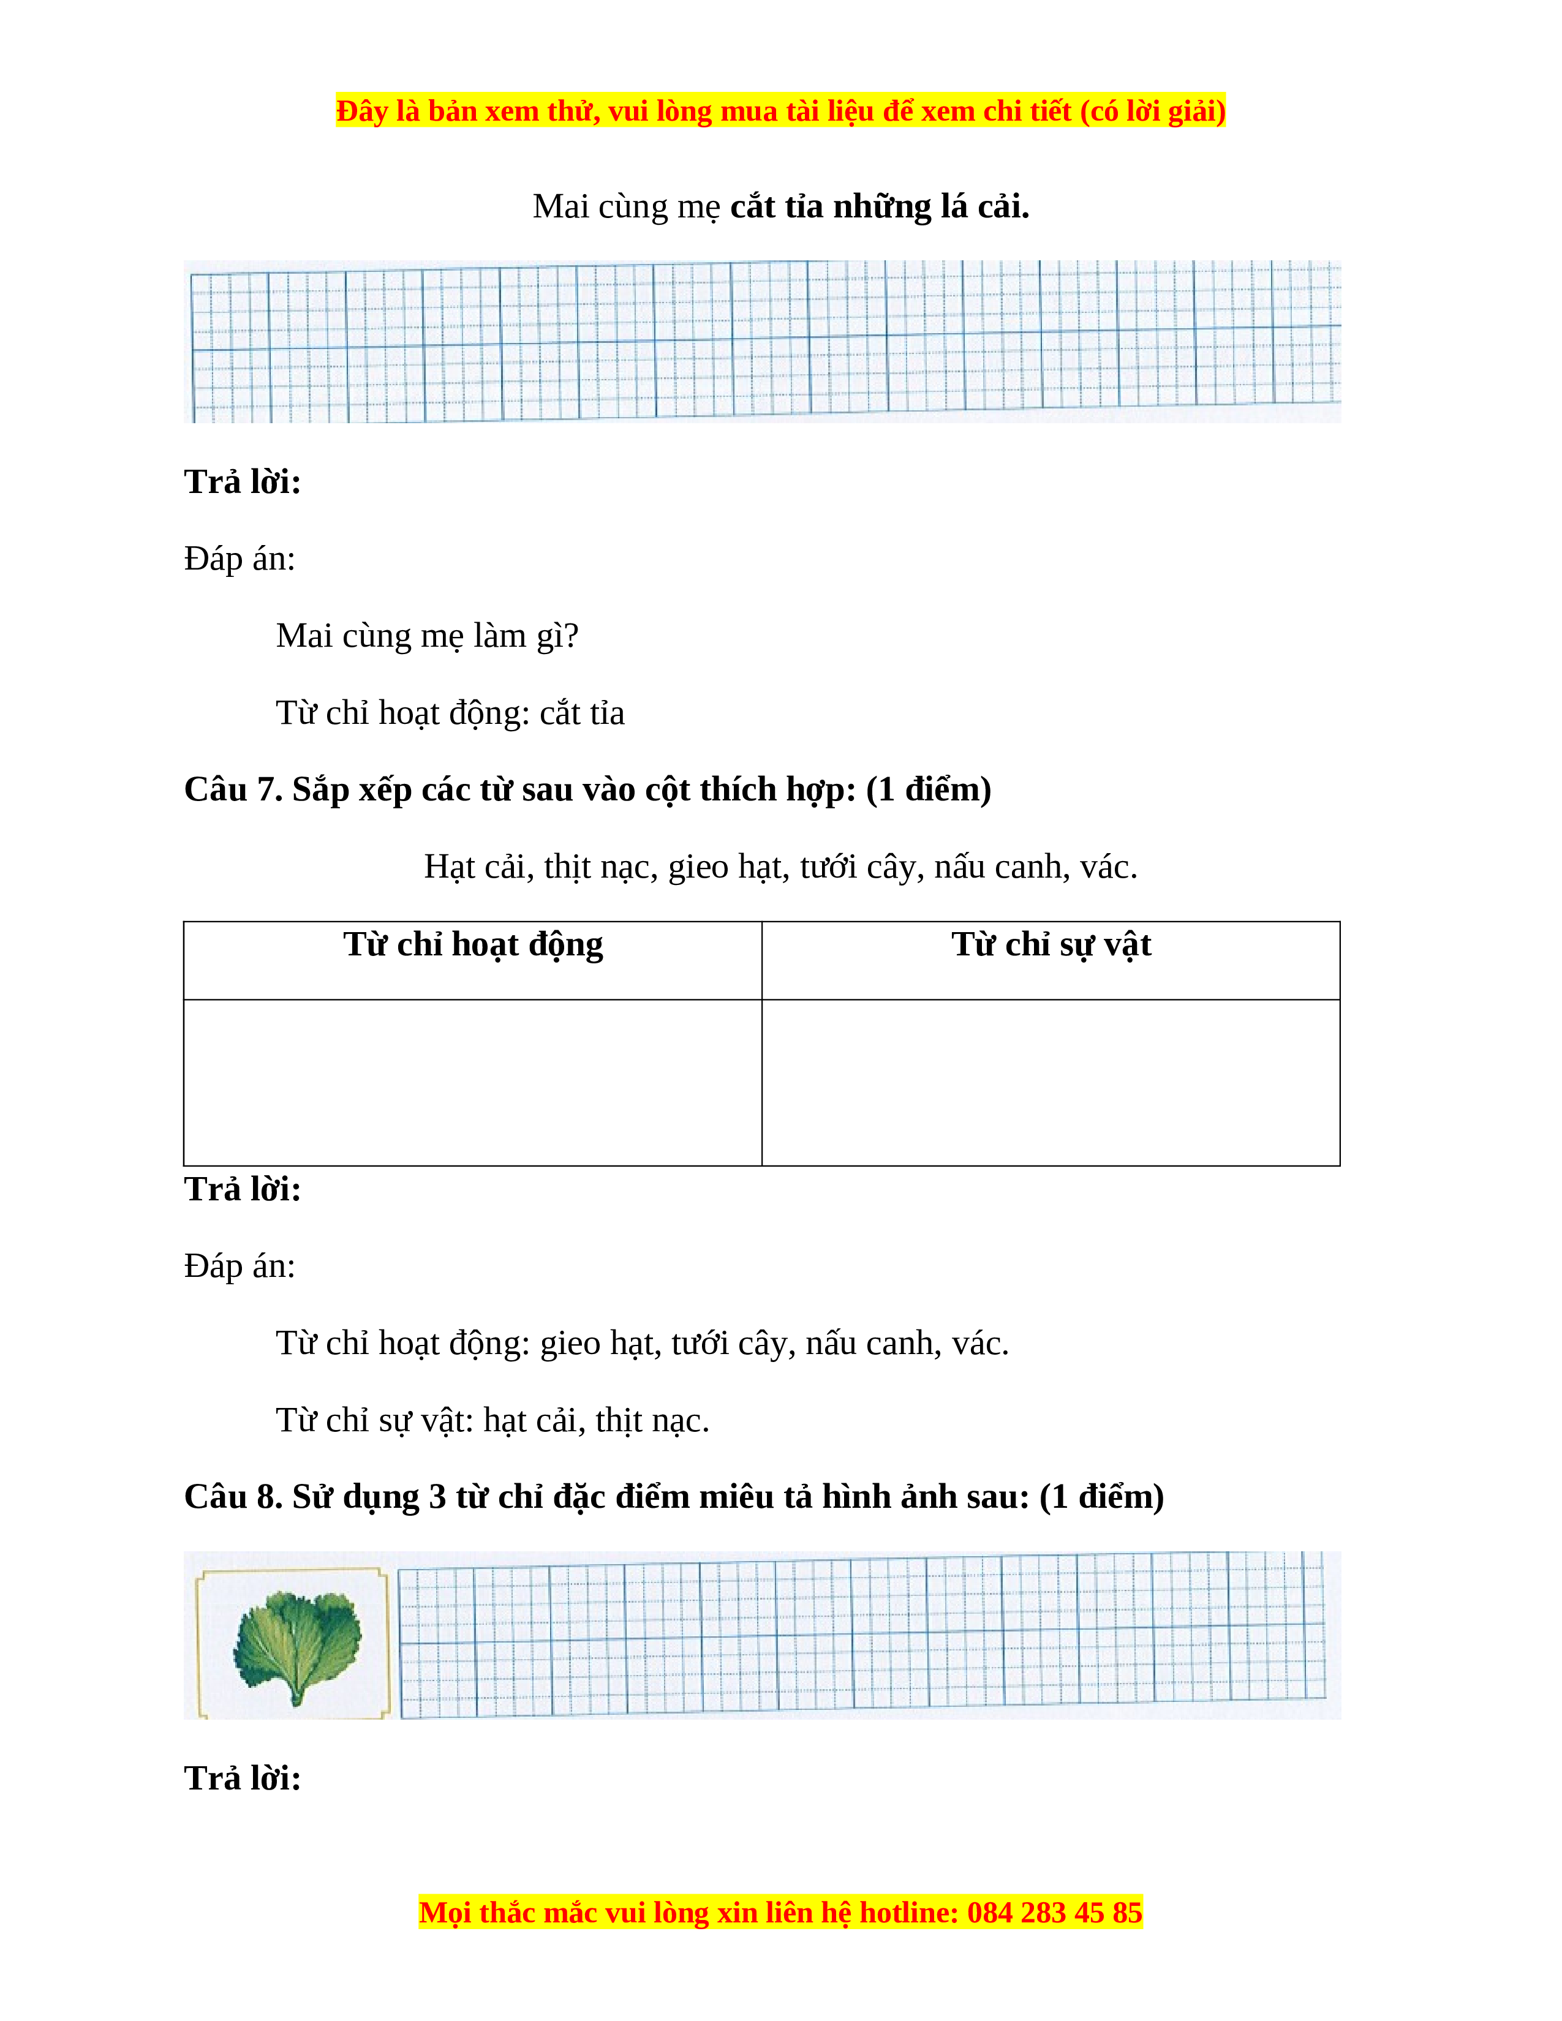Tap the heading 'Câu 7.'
[x=232, y=789]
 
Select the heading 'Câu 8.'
[x=232, y=1496]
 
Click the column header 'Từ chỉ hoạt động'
[x=473, y=945]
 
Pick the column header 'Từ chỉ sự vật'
[x=1051, y=945]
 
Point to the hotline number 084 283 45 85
[x=1054, y=1912]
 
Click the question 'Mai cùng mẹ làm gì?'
[x=426, y=636]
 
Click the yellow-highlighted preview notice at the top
[x=780, y=111]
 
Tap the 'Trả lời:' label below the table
[x=243, y=1190]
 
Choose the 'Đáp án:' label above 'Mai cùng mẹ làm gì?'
[x=240, y=559]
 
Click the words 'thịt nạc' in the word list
[x=600, y=867]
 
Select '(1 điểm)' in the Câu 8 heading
[x=1101, y=1496]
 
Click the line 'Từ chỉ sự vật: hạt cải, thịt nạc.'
[x=492, y=1420]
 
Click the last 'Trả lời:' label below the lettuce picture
[x=243, y=1778]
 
